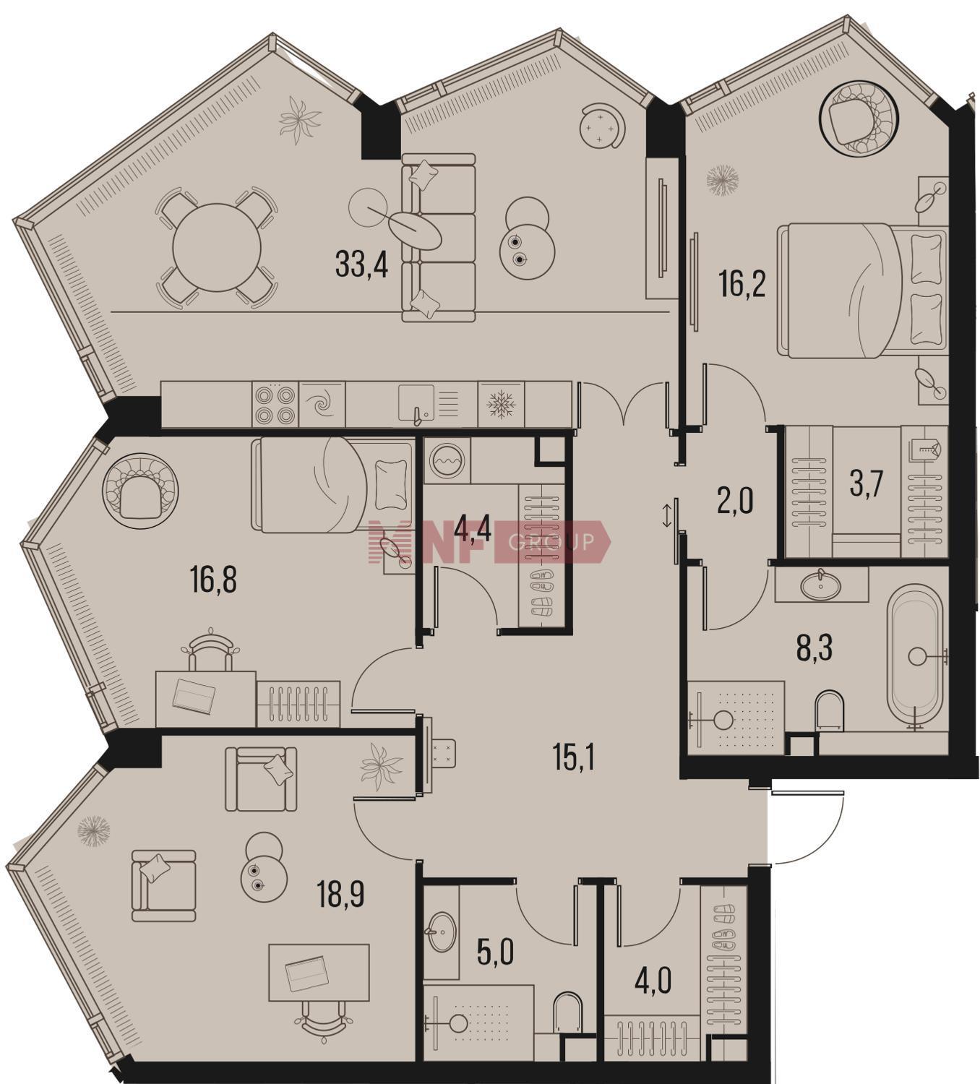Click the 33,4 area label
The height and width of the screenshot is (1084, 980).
(x=361, y=264)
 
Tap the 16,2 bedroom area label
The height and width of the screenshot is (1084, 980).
(x=742, y=284)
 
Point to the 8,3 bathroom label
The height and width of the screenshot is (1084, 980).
(x=814, y=648)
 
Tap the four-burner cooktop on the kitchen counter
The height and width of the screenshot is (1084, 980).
(x=275, y=404)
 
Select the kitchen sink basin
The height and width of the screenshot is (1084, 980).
(x=416, y=402)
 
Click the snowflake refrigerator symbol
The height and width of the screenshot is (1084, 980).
(x=501, y=405)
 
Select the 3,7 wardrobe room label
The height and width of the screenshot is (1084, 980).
(x=866, y=485)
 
